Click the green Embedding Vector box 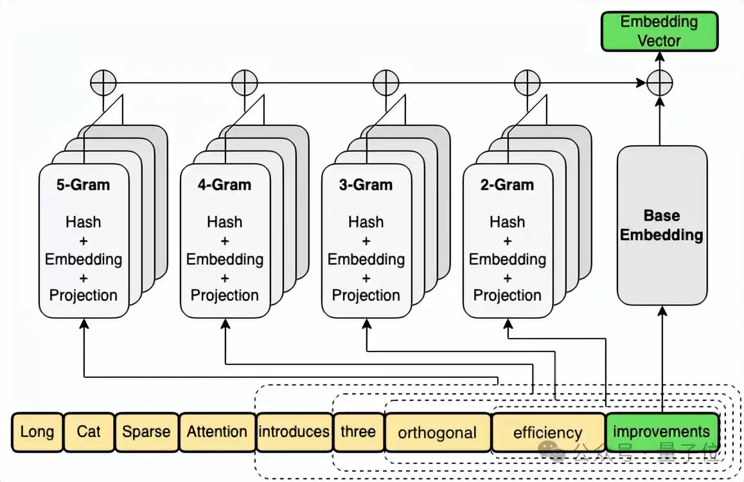pos(660,31)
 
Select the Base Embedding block pos(662,226)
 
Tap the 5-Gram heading pos(83,184)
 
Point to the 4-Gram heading pos(224,184)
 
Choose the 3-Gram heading pos(366,184)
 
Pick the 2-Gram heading pos(507,184)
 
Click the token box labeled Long pos(37,432)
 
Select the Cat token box pos(89,432)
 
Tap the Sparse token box pos(146,432)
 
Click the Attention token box pos(217,432)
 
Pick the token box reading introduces pos(294,432)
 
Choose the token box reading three pos(359,432)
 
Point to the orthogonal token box pos(438,432)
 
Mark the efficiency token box pos(548,432)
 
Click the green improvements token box pos(662,432)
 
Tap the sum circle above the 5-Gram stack pos(103,83)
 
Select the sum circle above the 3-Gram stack pos(386,83)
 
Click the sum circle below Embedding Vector pos(660,83)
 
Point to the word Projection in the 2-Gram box pos(507,296)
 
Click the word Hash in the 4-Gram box pos(224,222)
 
